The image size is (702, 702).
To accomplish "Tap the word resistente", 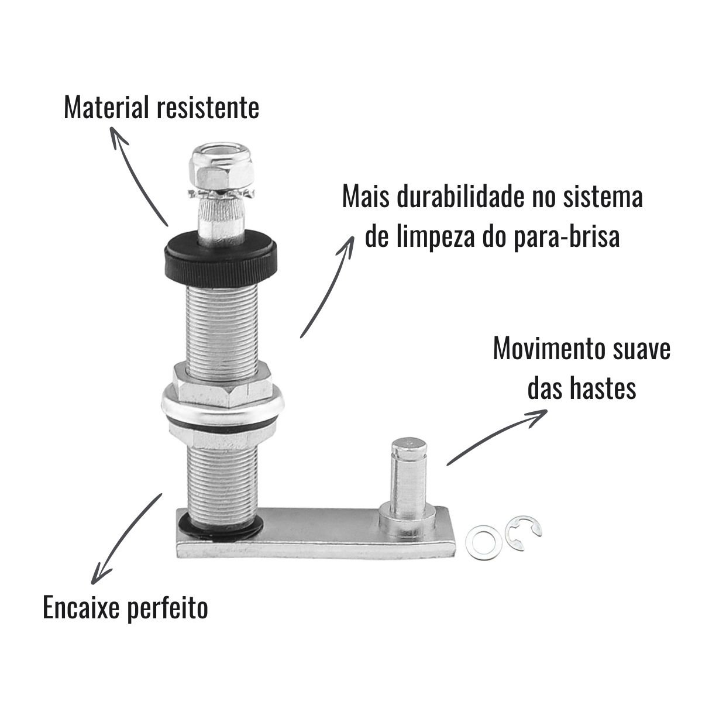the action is click(208, 108).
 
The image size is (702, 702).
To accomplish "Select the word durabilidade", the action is click(460, 197).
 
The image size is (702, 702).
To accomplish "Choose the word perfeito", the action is click(167, 607).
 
